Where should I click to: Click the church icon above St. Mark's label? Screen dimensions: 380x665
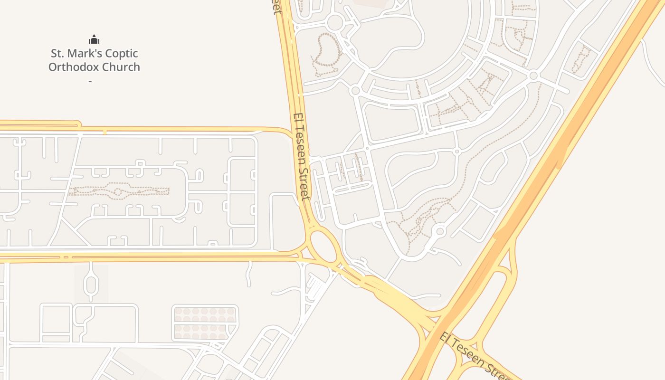pos(94,39)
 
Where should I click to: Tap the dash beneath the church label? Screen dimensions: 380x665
pos(90,81)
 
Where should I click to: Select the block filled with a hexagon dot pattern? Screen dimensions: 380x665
pos(205,323)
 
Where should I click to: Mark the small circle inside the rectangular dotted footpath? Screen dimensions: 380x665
pos(118,192)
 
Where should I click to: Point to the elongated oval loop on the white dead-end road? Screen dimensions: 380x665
pos(91,283)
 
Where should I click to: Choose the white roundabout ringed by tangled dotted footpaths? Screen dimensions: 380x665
pos(439,231)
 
